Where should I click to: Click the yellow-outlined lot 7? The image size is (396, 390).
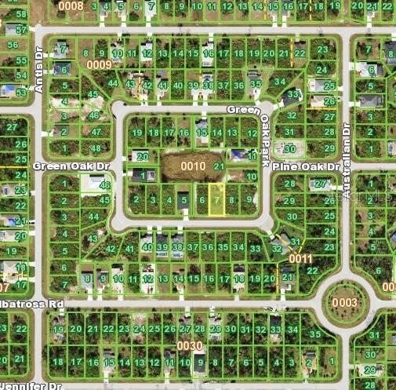click(x=217, y=201)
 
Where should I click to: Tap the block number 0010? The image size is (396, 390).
click(x=193, y=166)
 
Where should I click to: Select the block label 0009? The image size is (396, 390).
click(x=100, y=64)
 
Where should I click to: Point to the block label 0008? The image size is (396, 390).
click(x=71, y=6)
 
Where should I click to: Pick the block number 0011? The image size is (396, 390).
click(x=300, y=258)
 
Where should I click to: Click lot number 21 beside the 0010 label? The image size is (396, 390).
click(x=219, y=166)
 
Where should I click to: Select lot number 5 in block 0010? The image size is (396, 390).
click(x=183, y=201)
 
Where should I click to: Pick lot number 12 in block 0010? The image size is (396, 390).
click(x=251, y=133)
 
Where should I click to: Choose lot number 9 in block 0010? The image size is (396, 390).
click(x=249, y=199)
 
